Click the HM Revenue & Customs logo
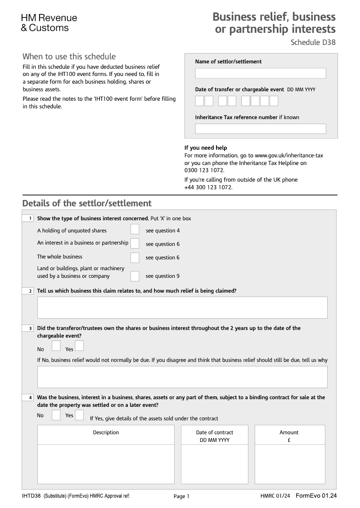tap(49, 23)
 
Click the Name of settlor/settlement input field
tap(260, 73)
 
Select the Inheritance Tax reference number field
tap(260, 129)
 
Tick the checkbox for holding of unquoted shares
tap(135, 230)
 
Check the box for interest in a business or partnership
tap(135, 244)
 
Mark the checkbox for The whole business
tap(135, 258)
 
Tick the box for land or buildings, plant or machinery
tap(135, 276)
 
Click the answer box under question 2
tap(182, 307)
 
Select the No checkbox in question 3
tap(56, 346)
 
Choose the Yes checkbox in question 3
tap(79, 346)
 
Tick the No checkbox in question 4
tap(56, 415)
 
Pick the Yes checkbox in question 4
tap(79, 415)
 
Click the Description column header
tap(106, 432)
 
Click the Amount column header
tap(289, 432)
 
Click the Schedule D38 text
tap(313, 43)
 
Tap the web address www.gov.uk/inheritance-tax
tap(289, 155)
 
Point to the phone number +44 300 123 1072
tap(208, 187)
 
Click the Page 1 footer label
tap(181, 496)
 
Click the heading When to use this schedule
tap(69, 57)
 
